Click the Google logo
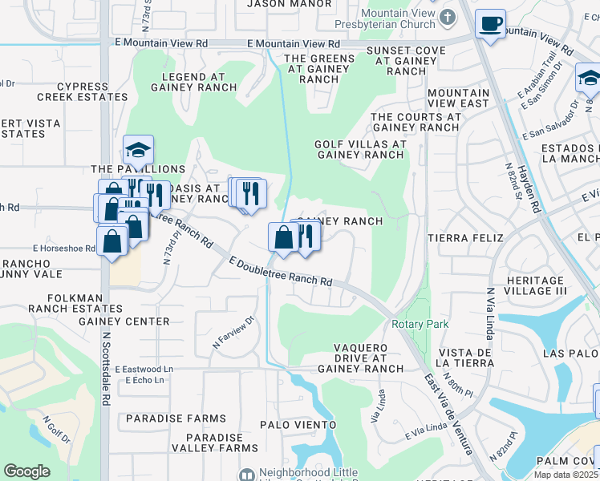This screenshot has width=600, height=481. point(27,471)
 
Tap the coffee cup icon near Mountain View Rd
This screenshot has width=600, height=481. point(489,24)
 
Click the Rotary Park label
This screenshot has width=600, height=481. point(420,324)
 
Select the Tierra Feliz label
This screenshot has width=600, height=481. point(465,238)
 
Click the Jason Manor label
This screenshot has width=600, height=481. point(290,3)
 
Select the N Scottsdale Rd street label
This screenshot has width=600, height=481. point(105,370)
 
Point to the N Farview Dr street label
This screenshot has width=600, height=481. point(233,332)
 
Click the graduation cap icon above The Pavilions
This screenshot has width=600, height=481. point(138,149)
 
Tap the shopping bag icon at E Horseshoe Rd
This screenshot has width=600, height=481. point(112,240)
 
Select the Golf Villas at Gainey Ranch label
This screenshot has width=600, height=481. point(360,149)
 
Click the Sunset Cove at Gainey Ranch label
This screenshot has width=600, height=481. point(395,61)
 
